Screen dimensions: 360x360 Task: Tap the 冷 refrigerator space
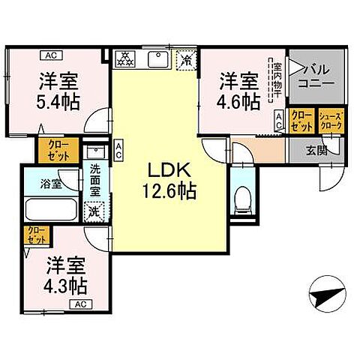[x=184, y=58]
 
